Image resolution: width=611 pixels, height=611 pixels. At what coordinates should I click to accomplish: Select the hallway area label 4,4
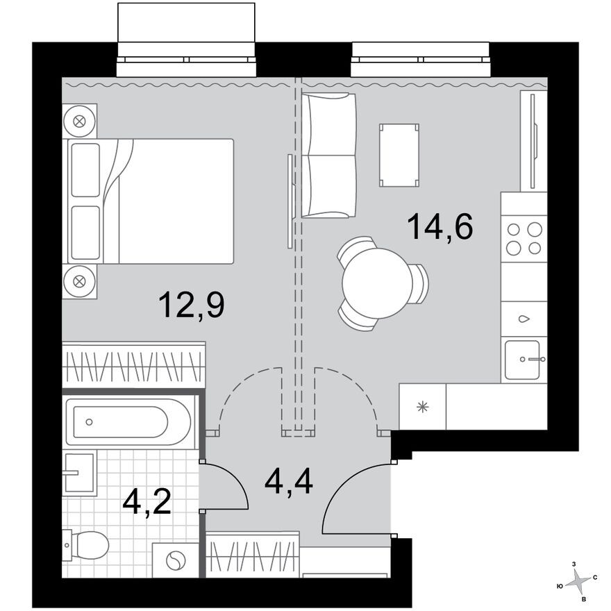[x=289, y=479]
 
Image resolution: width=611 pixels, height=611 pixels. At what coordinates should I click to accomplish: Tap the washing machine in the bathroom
[x=176, y=560]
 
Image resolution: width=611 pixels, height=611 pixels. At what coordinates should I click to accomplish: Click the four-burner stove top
[x=524, y=238]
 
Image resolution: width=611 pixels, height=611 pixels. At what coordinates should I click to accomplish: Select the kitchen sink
[x=525, y=360]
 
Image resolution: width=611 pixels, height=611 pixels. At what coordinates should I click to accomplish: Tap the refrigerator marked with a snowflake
[x=422, y=407]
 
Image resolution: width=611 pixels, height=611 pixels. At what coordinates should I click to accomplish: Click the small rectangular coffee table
[x=399, y=155]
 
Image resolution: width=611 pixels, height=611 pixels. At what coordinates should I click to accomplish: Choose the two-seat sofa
[x=329, y=156]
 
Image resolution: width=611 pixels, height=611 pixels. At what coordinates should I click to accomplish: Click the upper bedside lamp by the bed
[x=79, y=122]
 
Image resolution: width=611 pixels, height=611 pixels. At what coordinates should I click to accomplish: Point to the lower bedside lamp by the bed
[x=79, y=281]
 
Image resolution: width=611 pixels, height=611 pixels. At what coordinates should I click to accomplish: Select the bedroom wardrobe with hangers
[x=133, y=364]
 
